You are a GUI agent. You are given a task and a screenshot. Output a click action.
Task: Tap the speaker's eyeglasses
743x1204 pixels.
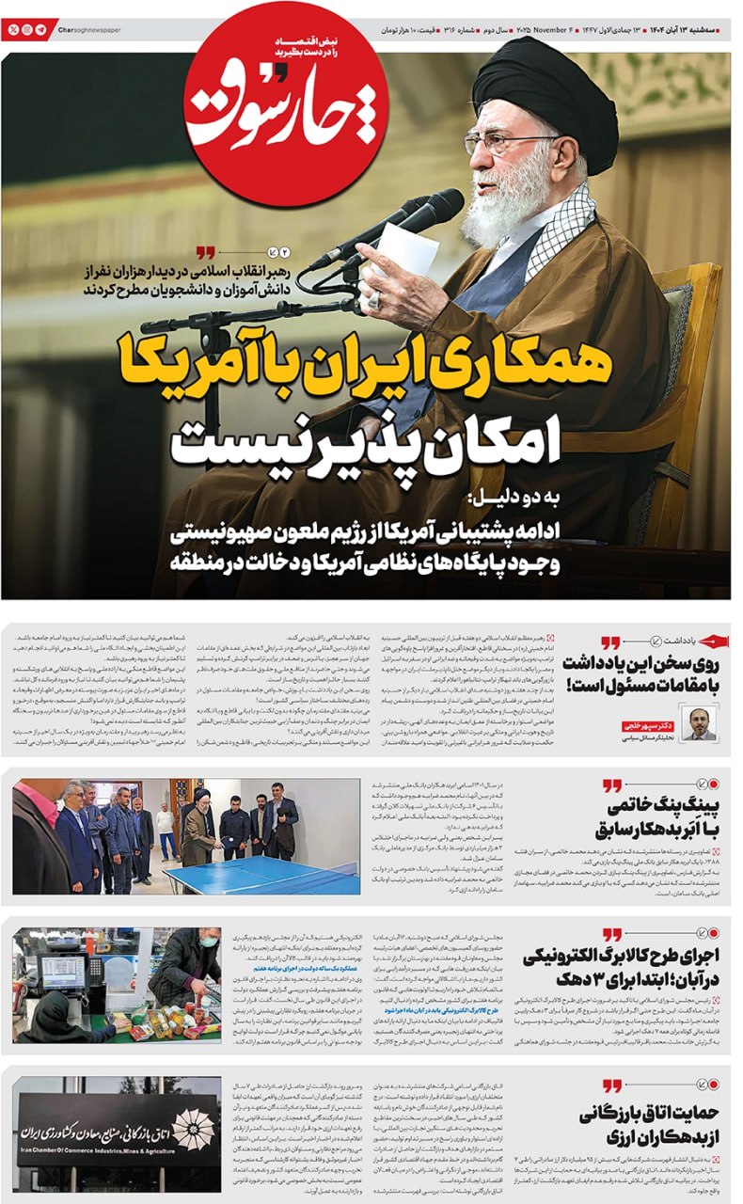(x=513, y=144)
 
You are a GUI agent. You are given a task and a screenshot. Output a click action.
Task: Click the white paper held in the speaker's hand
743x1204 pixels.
(x=405, y=248)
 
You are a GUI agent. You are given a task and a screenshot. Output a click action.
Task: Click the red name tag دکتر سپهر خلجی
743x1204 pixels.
(x=646, y=726)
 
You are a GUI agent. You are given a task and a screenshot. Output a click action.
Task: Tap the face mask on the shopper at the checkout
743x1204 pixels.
(x=208, y=942)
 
